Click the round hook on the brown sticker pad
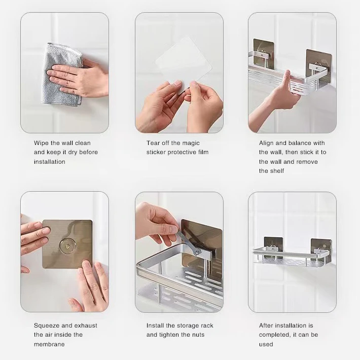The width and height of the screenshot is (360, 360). click(67, 245)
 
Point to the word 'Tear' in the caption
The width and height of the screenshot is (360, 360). click(154, 143)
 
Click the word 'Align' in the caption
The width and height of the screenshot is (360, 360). click(267, 143)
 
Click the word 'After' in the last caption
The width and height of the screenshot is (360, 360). click(267, 326)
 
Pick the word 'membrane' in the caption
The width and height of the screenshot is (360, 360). click(49, 344)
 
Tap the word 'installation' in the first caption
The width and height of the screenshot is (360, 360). click(50, 162)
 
